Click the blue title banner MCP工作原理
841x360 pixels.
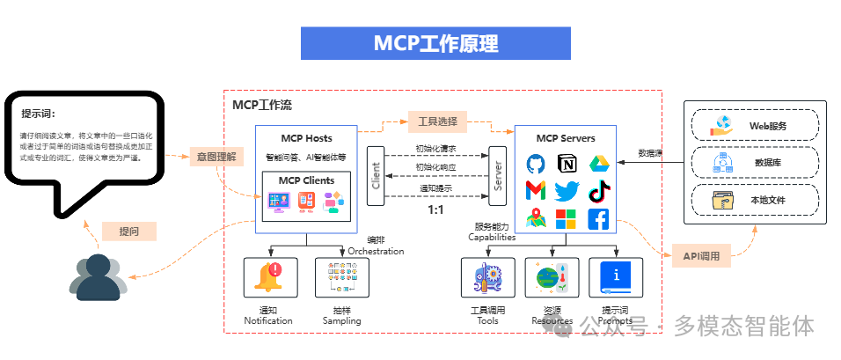(x=435, y=43)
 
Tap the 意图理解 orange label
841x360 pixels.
(x=216, y=157)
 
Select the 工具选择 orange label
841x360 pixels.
(x=436, y=121)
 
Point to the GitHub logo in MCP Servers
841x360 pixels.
(x=537, y=164)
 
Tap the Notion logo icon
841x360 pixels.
(x=567, y=164)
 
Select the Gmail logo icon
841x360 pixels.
(x=537, y=190)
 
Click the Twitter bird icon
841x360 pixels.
(x=567, y=190)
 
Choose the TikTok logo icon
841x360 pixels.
(x=598, y=190)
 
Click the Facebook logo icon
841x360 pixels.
(x=598, y=218)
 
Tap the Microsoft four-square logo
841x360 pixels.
(x=567, y=218)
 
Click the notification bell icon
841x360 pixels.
(x=268, y=276)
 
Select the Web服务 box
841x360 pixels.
(x=755, y=126)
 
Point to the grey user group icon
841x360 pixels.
(x=98, y=276)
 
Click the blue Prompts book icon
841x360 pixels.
(x=616, y=276)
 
